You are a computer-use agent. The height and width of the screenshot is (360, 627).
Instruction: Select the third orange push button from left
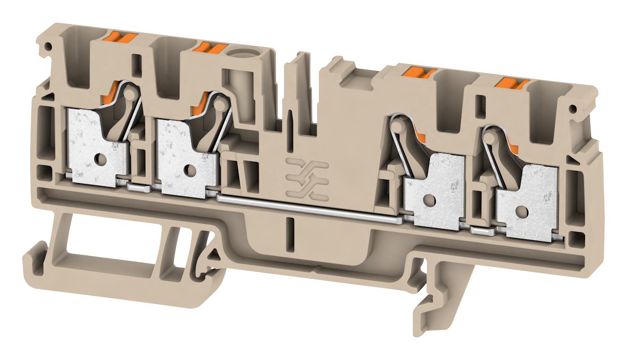420,72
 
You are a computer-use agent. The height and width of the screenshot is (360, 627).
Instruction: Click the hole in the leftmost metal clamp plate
100,159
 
